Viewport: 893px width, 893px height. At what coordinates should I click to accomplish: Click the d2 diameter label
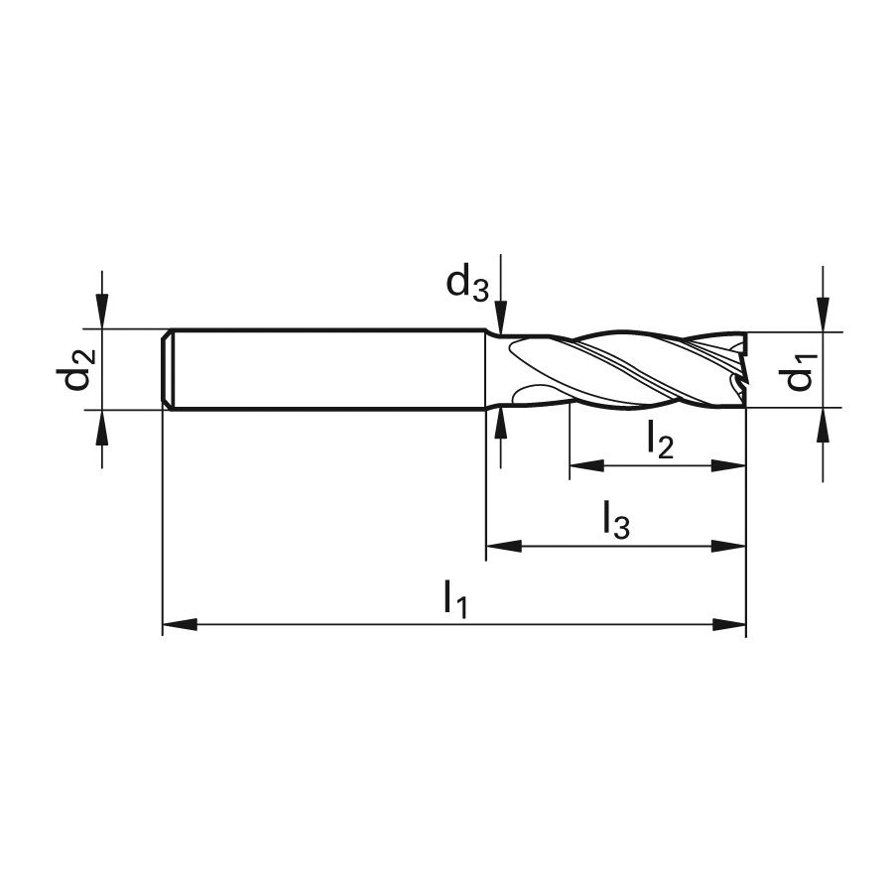[x=75, y=370]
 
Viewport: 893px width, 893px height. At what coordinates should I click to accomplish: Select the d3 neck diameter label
[x=467, y=283]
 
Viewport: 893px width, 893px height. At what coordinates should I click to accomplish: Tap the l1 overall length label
[x=456, y=598]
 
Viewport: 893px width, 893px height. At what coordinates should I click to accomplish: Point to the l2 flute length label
[x=661, y=440]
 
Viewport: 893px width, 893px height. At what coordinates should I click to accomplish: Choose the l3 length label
[x=616, y=520]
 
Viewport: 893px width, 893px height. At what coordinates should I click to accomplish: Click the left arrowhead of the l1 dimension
[x=180, y=625]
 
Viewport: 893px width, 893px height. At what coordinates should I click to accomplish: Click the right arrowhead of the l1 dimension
[x=729, y=625]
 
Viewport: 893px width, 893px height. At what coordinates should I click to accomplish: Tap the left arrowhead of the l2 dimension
[x=586, y=465]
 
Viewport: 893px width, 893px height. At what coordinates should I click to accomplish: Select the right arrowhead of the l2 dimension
[x=729, y=465]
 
